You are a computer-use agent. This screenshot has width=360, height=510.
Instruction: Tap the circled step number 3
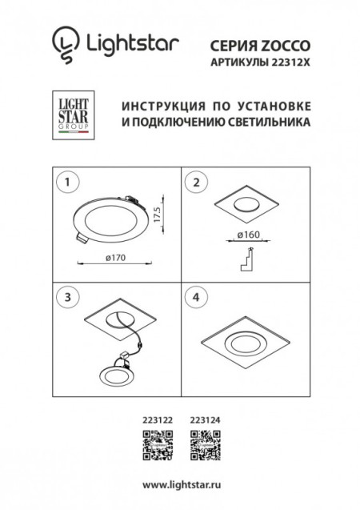(x=67, y=297)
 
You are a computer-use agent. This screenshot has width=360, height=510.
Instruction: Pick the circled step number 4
(x=193, y=297)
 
